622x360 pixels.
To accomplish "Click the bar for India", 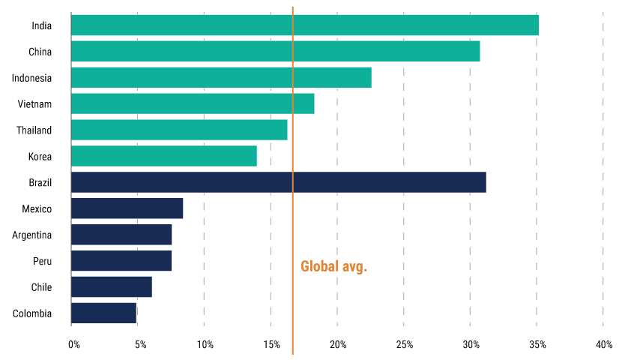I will [304, 25].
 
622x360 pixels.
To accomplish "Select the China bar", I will [275, 51].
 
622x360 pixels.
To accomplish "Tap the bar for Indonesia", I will [221, 77].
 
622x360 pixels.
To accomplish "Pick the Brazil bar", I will [278, 182].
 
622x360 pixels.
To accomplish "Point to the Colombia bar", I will [103, 313].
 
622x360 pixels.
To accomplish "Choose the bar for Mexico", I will [127, 208].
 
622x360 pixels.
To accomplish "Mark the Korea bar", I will [163, 156].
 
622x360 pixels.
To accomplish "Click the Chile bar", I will [111, 286].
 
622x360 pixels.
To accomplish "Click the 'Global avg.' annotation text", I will [333, 266].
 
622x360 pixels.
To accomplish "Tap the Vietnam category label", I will [34, 104].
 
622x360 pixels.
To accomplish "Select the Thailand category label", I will [34, 130].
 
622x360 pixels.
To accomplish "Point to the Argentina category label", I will [32, 235].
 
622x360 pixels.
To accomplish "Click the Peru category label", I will [41, 261].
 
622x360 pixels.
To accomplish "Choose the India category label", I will [42, 25].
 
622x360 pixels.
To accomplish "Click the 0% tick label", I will [73, 345].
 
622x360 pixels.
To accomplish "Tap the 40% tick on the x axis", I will [603, 345].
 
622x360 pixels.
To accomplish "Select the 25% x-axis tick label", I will [404, 345].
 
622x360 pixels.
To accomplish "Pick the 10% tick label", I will [205, 345].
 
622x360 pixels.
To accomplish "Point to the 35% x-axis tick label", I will [537, 345].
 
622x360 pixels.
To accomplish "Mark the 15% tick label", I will [271, 345].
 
